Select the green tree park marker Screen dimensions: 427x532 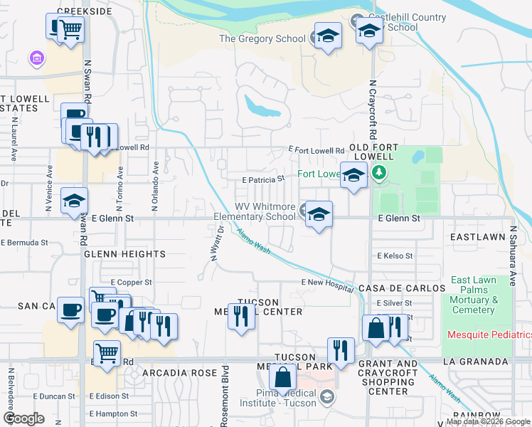[x=380, y=172]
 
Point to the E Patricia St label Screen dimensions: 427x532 [x=263, y=180]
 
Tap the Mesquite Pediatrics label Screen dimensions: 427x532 [x=489, y=334]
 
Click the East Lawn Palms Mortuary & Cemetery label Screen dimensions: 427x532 [x=473, y=295]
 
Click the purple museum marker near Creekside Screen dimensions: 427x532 [x=35, y=57]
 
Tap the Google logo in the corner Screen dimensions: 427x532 [x=23, y=418]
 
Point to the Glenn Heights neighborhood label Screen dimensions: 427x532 [x=124, y=253]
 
